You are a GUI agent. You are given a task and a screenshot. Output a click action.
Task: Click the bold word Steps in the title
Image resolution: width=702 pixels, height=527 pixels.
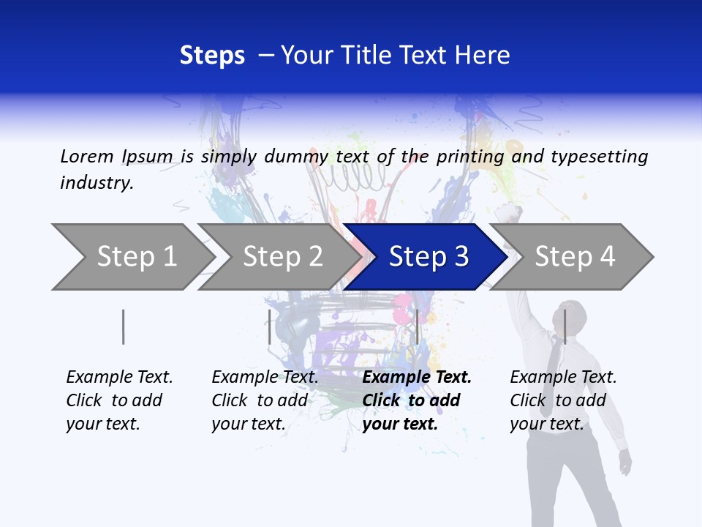tap(212, 56)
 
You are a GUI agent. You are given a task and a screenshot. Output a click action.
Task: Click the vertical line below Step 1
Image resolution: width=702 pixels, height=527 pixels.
tap(124, 327)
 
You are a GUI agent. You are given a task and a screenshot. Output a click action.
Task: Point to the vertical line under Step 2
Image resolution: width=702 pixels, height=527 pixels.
tap(270, 327)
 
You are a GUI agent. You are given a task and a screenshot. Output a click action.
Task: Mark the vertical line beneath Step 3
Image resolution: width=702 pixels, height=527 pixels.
tap(417, 327)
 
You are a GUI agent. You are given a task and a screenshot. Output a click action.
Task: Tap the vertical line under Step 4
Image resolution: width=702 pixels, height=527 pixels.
tap(565, 326)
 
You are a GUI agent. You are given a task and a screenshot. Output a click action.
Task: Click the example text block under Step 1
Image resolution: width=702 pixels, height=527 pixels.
tap(119, 400)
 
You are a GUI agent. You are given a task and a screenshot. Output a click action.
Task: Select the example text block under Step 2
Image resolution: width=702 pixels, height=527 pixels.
tap(265, 400)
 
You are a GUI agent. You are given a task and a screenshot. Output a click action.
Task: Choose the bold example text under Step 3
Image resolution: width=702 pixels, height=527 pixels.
tap(417, 400)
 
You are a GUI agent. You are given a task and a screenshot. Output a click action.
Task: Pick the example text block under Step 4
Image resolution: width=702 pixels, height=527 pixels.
tap(563, 400)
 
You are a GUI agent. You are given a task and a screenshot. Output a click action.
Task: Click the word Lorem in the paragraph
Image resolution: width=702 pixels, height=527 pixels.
tap(87, 157)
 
